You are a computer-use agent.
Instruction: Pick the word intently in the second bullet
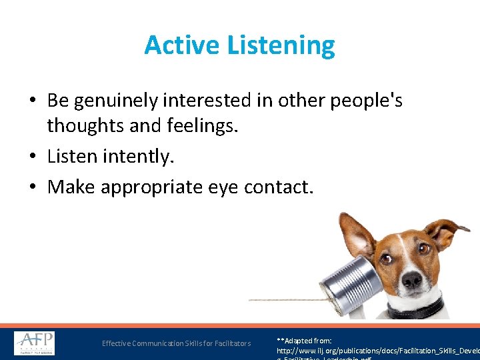[x=139, y=157]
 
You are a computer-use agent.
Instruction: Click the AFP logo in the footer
[x=35, y=343]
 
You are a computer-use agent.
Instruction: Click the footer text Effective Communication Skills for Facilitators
[x=176, y=343]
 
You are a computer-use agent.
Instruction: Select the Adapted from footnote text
[x=305, y=341]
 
